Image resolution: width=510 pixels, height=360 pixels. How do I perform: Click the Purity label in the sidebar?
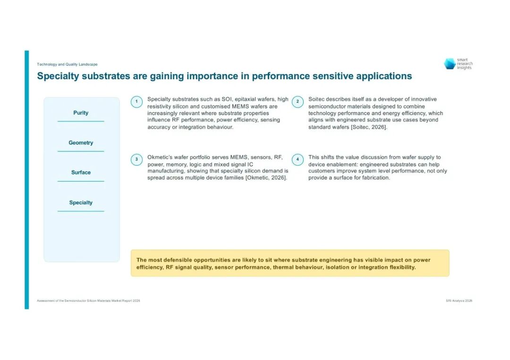click(81, 113)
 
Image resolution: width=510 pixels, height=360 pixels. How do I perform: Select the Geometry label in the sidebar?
click(81, 142)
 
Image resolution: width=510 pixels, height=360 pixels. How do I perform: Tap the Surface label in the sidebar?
click(81, 172)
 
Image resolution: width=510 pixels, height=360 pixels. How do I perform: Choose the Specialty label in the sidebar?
click(81, 202)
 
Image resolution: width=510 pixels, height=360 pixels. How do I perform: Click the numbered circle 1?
click(136, 102)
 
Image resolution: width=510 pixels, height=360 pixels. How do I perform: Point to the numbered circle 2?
click(297, 102)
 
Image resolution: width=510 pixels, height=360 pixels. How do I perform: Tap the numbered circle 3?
click(136, 159)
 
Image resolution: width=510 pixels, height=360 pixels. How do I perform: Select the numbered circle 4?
click(297, 159)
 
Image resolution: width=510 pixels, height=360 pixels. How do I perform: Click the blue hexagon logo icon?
click(450, 64)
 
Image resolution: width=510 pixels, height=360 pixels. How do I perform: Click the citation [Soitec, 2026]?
click(369, 127)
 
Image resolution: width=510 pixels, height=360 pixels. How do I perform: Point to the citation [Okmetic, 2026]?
click(266, 178)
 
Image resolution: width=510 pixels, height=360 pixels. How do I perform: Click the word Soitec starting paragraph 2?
click(316, 99)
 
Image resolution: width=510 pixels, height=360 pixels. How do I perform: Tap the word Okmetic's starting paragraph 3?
click(160, 157)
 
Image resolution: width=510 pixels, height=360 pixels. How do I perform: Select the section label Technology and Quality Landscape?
click(67, 64)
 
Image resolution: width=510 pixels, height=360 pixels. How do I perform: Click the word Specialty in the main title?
click(58, 76)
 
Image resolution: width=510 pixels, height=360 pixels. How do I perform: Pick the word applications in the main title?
click(384, 76)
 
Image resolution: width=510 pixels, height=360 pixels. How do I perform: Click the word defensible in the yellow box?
click(178, 260)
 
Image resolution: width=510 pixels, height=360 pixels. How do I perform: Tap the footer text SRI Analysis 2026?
click(459, 301)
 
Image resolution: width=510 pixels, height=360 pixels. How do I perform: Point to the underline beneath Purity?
click(81, 121)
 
